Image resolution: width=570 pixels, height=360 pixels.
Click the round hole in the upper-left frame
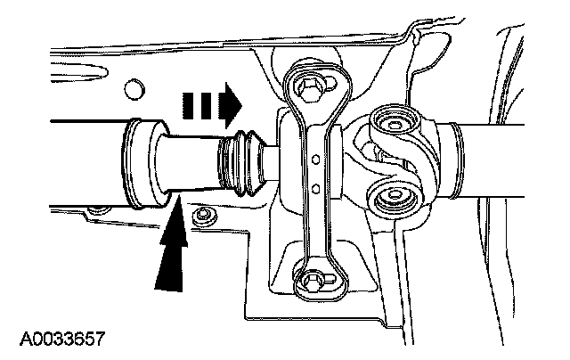coord(134,87)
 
